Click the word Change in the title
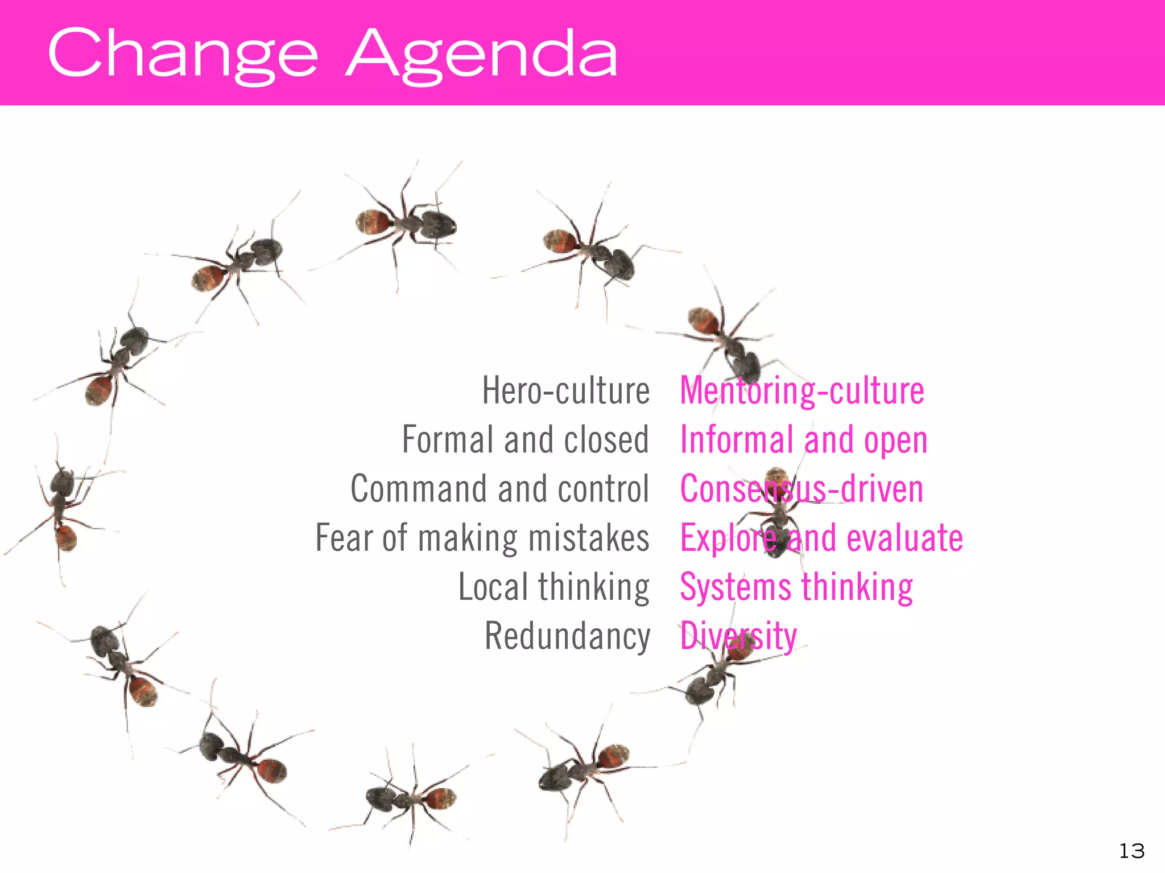182,54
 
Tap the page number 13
1131,851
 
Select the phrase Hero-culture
565,391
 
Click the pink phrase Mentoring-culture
802,391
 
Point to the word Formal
447,440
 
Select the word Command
419,489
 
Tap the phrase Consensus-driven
802,489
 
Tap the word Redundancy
567,636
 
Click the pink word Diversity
738,636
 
